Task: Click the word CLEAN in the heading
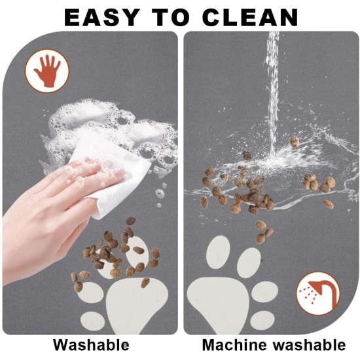[x=250, y=18]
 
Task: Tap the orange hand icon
[x=47, y=71]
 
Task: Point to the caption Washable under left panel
[x=91, y=344]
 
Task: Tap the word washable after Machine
[x=310, y=344]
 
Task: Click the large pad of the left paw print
[x=137, y=306]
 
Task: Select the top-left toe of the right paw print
[x=218, y=252]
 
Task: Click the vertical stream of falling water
[x=273, y=92]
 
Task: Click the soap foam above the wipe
[x=108, y=128]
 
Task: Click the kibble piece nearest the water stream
[x=295, y=141]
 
